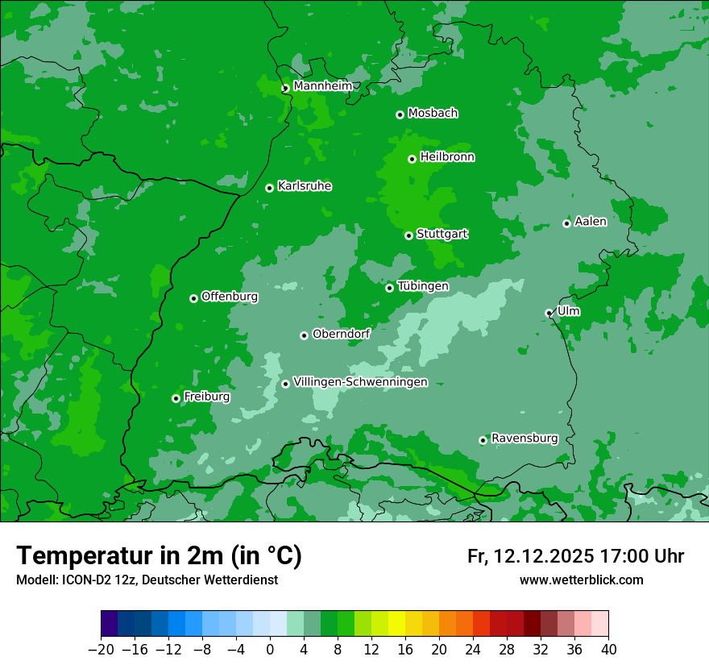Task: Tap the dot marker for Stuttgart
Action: tap(408, 235)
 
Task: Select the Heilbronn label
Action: tap(447, 157)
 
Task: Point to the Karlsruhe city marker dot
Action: tap(269, 188)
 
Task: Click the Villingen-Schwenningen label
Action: tap(360, 382)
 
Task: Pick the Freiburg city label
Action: tap(206, 397)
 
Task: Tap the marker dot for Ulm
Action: tap(549, 313)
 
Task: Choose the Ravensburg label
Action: tap(524, 438)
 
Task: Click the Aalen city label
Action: tap(591, 222)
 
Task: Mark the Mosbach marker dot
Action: tap(400, 114)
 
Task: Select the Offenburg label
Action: tap(230, 297)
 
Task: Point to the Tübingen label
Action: tap(423, 286)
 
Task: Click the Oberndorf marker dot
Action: tap(304, 335)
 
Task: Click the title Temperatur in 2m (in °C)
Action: tap(159, 555)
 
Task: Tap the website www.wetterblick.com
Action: tap(581, 580)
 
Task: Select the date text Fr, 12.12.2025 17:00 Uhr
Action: tap(575, 556)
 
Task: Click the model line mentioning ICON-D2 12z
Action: tap(147, 580)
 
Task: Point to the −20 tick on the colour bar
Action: tap(101, 650)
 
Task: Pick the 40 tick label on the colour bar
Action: tap(608, 650)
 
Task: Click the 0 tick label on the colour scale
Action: tap(270, 650)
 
